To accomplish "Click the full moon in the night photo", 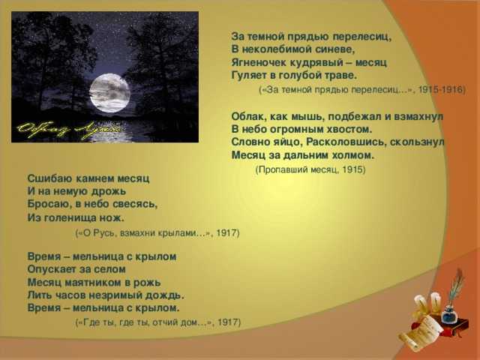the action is (110, 93).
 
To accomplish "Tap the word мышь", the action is (300, 117).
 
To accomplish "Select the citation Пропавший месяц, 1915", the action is (310, 169).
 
